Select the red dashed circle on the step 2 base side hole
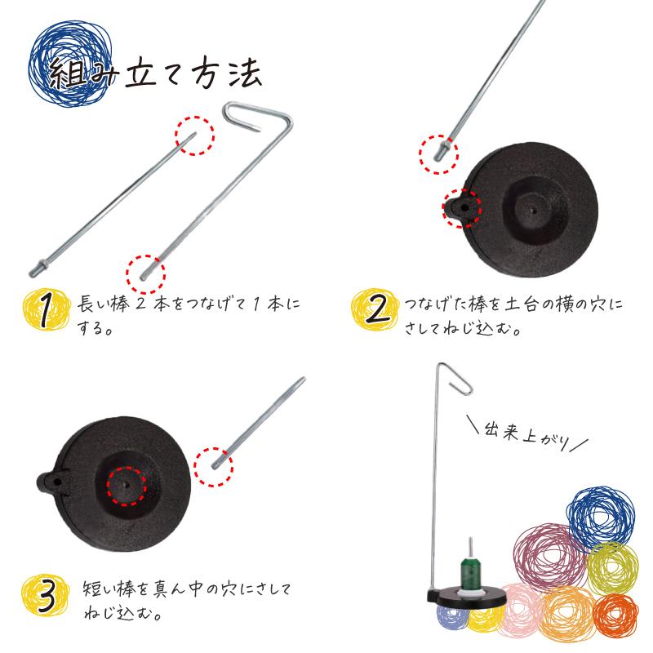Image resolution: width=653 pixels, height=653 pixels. (x=462, y=208)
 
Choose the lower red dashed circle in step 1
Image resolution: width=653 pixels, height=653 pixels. (x=146, y=268)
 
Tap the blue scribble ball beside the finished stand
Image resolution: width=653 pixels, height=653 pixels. (x=600, y=516)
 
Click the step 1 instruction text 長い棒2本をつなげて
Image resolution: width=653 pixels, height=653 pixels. (x=188, y=304)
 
